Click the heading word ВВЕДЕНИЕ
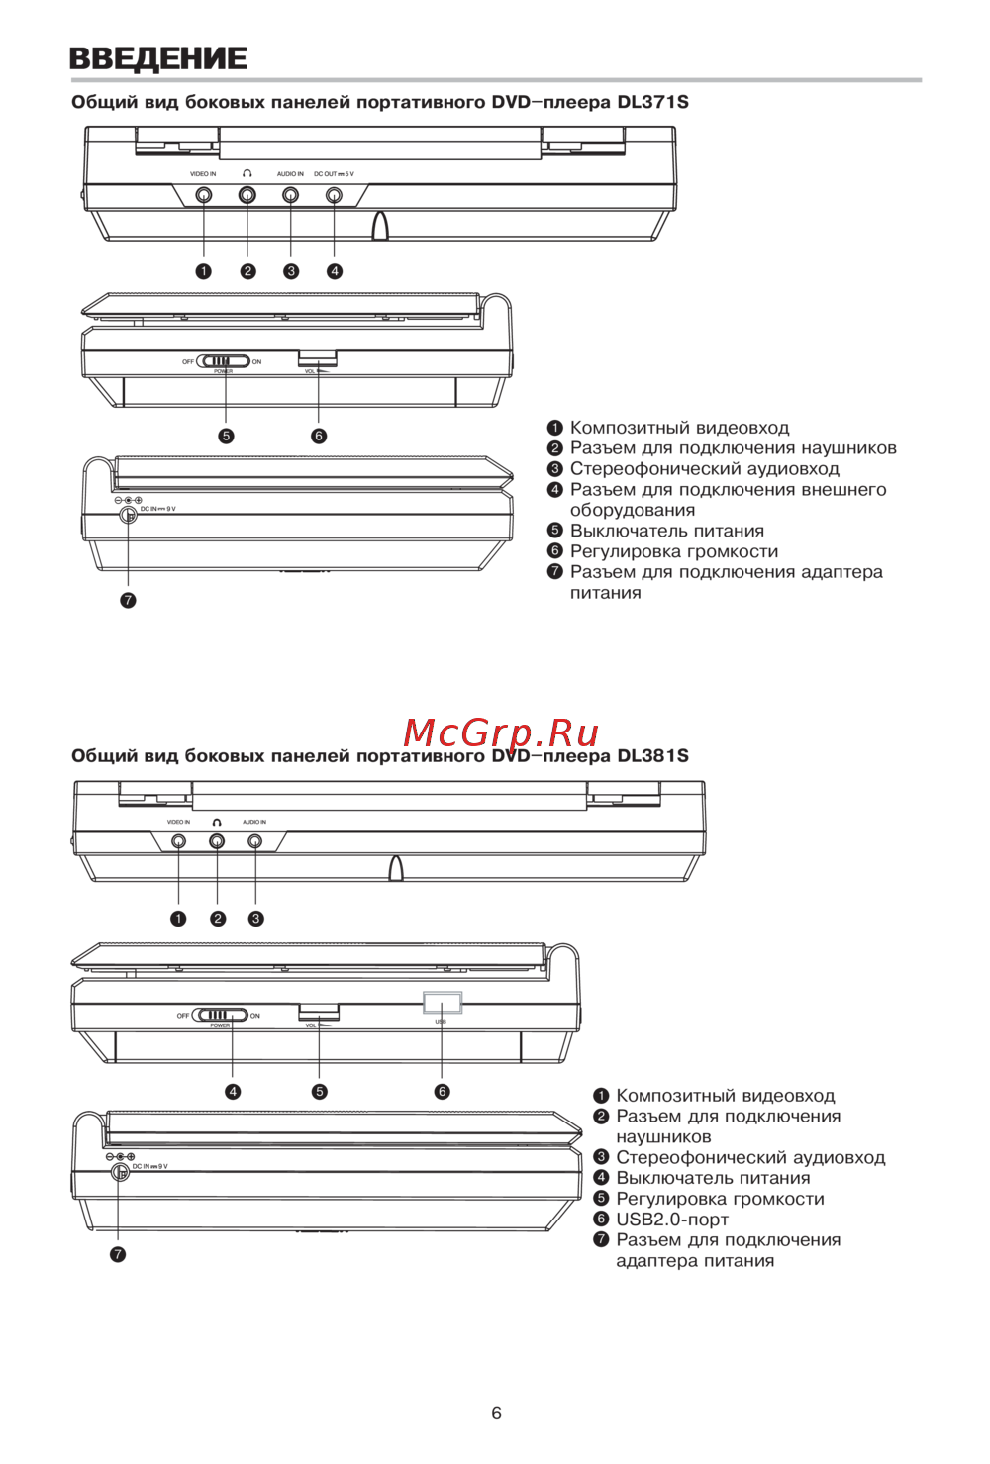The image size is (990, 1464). tap(158, 58)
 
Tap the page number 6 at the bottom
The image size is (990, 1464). tap(496, 1413)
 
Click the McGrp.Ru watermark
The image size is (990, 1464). tap(501, 732)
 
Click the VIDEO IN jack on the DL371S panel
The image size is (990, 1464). tap(204, 195)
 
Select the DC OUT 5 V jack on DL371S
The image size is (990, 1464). tap(334, 195)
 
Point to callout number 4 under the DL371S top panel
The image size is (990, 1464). tap(335, 271)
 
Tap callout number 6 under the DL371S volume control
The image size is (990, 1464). tap(319, 436)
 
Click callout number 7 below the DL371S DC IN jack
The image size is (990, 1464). tap(128, 600)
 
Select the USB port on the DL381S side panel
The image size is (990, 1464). tap(442, 1003)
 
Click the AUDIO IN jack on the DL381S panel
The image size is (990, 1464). tap(255, 841)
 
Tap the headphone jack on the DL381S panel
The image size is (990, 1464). tap(217, 841)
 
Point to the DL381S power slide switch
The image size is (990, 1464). tap(220, 1015)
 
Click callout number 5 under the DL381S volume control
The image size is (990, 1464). tap(319, 1092)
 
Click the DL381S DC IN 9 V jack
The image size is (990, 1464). tap(120, 1172)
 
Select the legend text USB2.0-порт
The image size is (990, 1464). tap(672, 1220)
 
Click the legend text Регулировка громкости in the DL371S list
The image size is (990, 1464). tap(673, 551)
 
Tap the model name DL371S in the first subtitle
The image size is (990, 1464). tap(652, 102)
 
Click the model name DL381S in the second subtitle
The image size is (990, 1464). tap(652, 756)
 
